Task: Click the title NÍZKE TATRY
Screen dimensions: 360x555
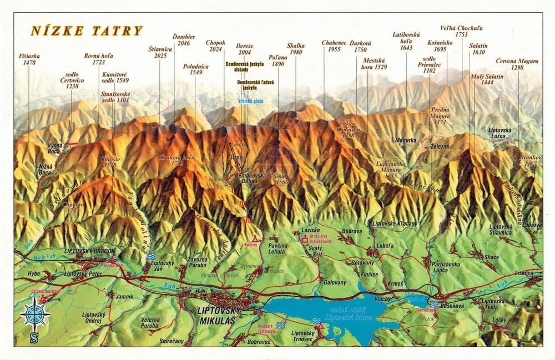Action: (87, 31)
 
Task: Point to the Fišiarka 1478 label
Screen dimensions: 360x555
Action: (28, 59)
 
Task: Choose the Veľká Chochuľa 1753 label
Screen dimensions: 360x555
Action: (461, 31)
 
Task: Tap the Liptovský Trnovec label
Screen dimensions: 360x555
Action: (303, 336)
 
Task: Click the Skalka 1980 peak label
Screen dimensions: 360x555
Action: (295, 49)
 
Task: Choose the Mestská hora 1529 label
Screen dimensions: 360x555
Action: (375, 63)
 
